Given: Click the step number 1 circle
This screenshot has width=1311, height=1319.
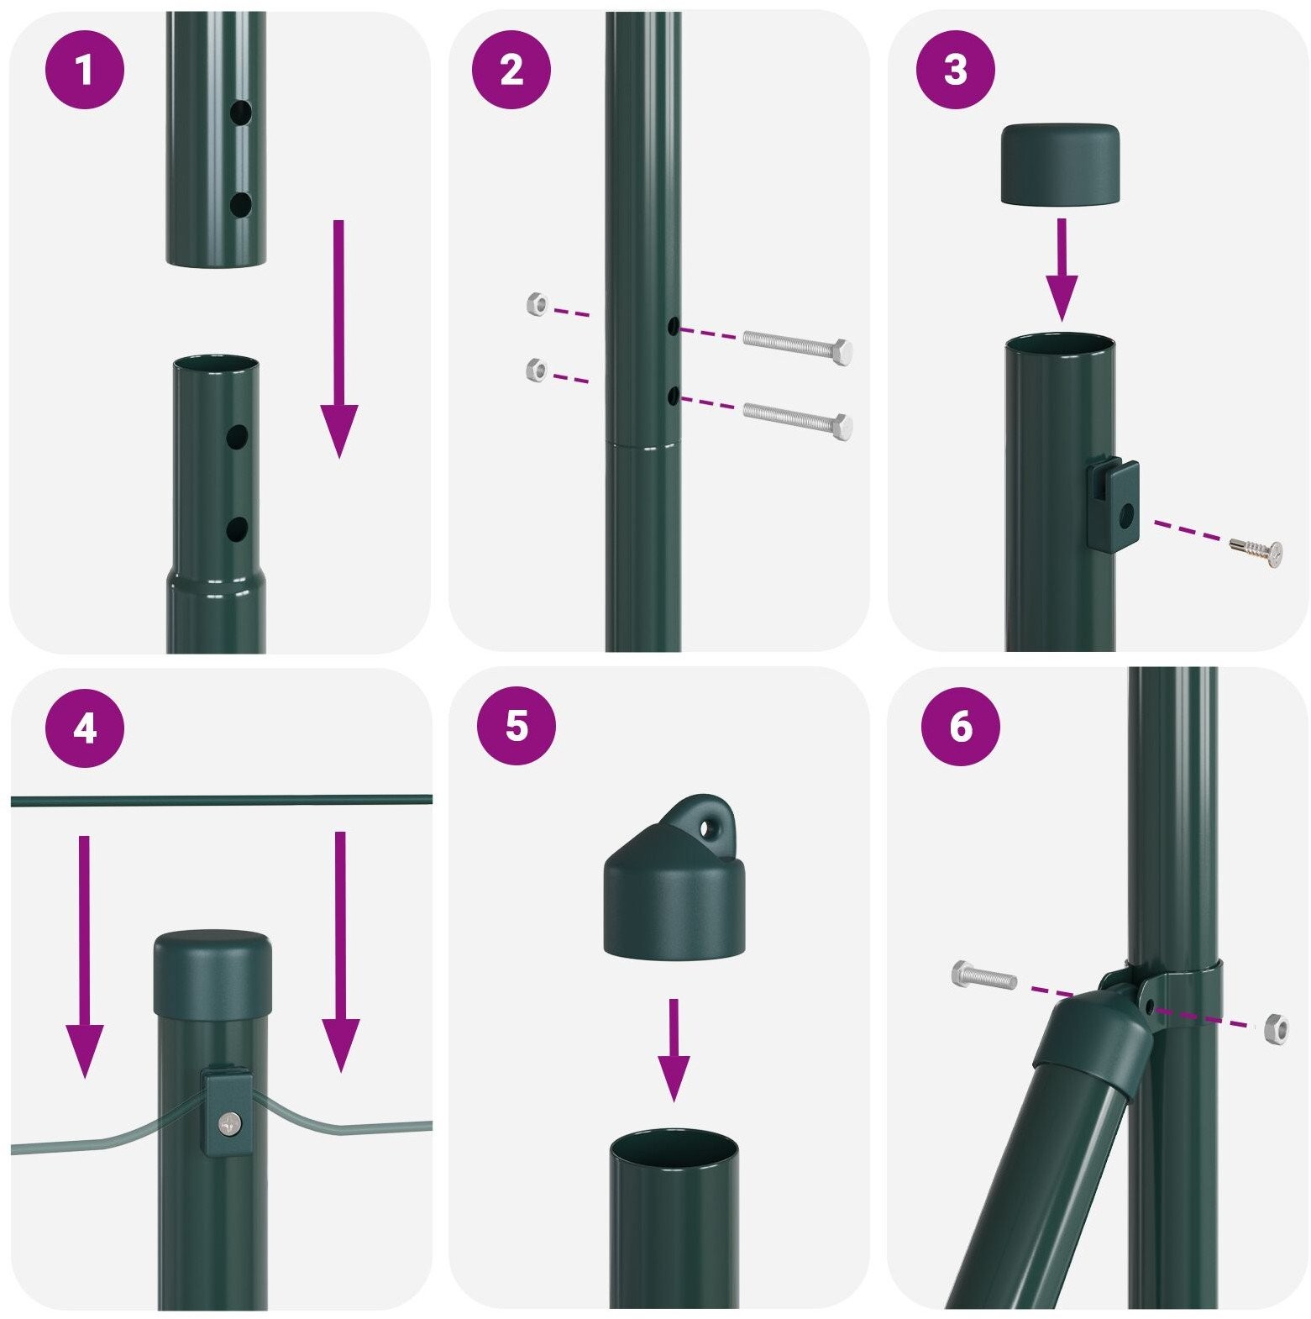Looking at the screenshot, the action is pos(84,70).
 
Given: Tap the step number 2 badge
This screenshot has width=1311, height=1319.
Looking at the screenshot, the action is pos(511,70).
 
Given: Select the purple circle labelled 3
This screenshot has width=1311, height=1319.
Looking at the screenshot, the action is pos(955,70).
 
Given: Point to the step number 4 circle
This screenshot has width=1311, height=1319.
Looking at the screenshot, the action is pos(84,728).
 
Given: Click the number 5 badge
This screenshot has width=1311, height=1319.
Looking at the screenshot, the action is pos(517,724).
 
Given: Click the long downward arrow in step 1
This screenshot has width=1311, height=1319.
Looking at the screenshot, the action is pos(338,339).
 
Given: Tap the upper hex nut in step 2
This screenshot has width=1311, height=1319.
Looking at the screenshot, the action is pos(536,304).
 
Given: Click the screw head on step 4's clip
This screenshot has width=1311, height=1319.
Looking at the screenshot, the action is pos(227,1122).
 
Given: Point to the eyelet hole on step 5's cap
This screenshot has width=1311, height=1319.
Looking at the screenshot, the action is pos(710,829).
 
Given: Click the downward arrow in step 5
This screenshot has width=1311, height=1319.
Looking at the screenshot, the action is pos(673,1049).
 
